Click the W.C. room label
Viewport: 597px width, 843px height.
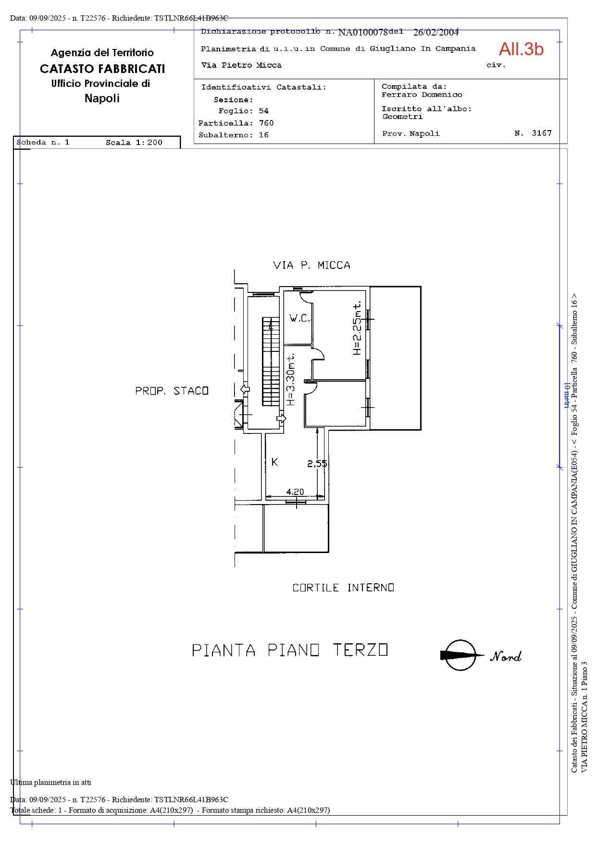tap(299, 318)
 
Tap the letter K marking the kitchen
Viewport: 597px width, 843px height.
tap(274, 462)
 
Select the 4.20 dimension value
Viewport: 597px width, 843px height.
tap(295, 492)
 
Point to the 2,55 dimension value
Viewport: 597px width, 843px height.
tap(317, 464)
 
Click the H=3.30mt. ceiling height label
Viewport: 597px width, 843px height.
tap(290, 380)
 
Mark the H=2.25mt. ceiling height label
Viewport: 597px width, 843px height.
tap(357, 328)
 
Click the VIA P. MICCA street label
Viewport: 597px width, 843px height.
tap(311, 265)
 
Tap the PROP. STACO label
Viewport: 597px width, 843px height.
tap(172, 391)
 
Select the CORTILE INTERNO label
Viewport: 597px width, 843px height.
tap(343, 588)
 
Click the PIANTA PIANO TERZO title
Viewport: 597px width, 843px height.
tap(290, 650)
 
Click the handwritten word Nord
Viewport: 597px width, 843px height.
tap(506, 656)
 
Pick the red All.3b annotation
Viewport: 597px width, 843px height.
tap(521, 49)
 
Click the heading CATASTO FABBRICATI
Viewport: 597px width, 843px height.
tap(102, 69)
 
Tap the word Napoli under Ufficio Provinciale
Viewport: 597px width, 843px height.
tap(102, 98)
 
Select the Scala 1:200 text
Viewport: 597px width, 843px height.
tap(134, 143)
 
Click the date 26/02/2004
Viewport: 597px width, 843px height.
tap(436, 32)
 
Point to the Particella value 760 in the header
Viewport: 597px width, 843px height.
tap(266, 123)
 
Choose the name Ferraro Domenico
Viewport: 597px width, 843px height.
tap(422, 95)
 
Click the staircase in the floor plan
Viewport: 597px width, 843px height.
tap(271, 361)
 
